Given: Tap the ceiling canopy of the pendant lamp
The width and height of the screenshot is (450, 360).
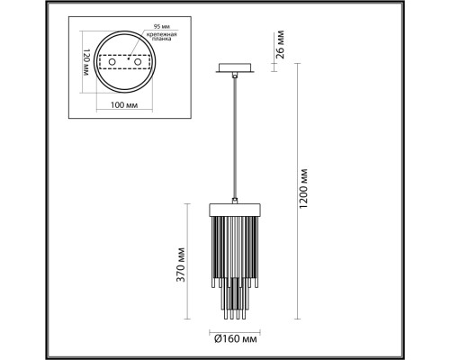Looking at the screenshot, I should pos(232,68).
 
